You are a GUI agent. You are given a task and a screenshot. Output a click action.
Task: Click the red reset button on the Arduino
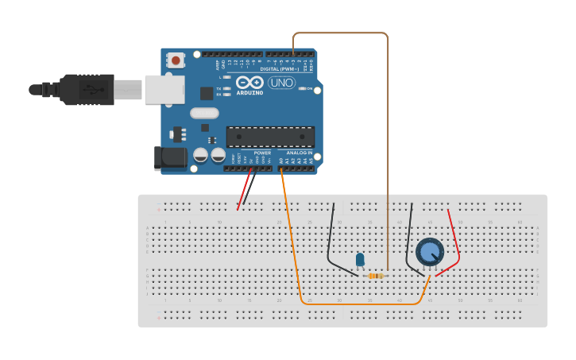click(x=176, y=60)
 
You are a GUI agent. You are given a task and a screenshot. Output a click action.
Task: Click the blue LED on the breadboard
click(x=360, y=260)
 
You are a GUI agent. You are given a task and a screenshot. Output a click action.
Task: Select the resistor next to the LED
click(x=376, y=276)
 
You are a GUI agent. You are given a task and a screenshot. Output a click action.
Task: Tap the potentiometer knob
click(x=430, y=252)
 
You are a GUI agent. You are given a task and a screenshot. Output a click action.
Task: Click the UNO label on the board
click(x=281, y=83)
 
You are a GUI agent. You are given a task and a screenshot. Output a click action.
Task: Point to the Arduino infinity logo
click(x=249, y=83)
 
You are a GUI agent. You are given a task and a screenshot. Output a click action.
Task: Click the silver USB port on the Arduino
click(x=164, y=90)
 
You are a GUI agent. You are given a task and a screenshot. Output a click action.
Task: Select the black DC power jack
click(x=170, y=157)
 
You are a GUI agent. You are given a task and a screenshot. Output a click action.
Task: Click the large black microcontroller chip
click(x=270, y=137)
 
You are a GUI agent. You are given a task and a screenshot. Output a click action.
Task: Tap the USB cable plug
click(x=87, y=90)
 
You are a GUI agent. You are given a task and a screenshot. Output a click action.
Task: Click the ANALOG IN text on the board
click(x=300, y=153)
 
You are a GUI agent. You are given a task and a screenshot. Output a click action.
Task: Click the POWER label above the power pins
click(x=262, y=153)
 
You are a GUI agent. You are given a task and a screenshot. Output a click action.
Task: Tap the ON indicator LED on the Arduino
click(x=302, y=88)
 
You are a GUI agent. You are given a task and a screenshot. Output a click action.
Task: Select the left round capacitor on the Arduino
click(x=201, y=155)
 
